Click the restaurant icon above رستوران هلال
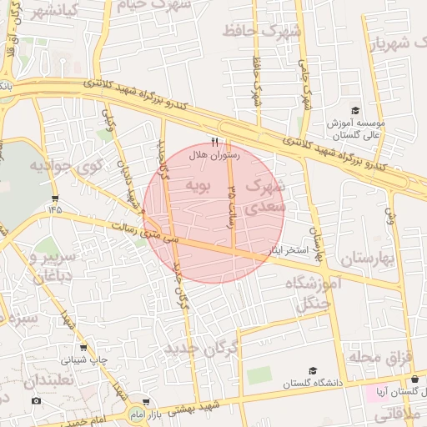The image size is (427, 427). point(215,142)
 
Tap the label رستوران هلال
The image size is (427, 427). point(216,155)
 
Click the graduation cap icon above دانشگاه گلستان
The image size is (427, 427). point(312,370)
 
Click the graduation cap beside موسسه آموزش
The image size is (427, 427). point(354,110)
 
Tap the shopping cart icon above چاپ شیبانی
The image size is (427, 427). point(83,348)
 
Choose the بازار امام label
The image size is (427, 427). point(163,413)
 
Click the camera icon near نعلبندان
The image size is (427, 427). point(37,401)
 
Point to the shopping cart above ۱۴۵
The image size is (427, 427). point(55,198)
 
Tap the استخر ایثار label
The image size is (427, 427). point(289,249)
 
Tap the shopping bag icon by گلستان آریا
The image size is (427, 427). point(414,379)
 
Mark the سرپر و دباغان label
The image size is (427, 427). point(48,265)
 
